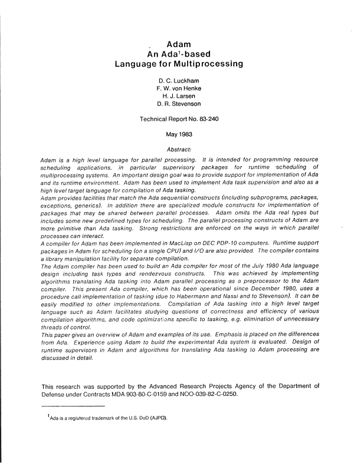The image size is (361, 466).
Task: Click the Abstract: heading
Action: (182, 149)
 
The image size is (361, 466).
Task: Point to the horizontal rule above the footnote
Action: (72, 406)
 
